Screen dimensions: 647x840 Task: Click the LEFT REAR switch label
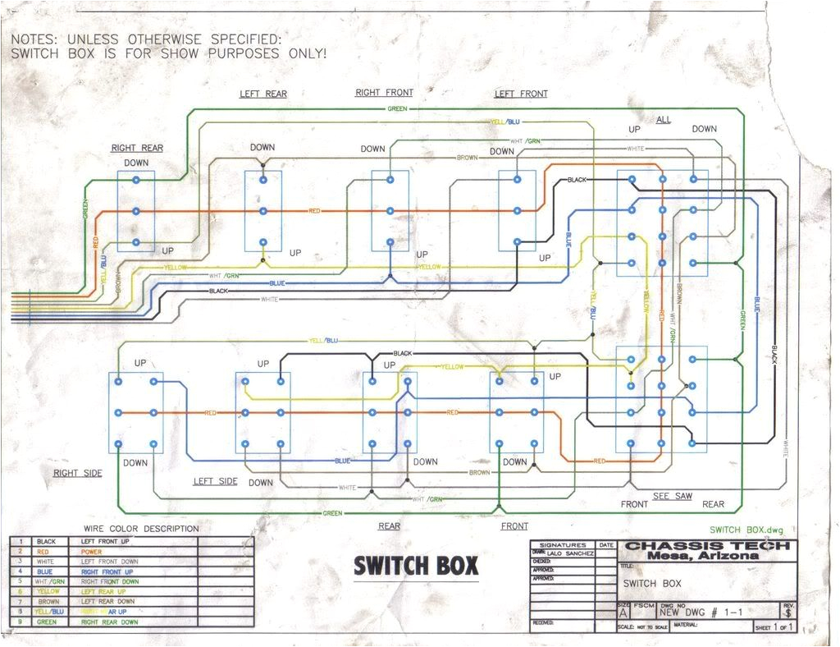263,94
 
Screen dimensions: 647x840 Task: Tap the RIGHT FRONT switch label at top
384,93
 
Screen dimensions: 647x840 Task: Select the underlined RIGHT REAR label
137,149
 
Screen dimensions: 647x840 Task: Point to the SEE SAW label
673,497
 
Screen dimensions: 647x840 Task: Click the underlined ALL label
663,120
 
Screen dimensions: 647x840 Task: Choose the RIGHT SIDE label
78,474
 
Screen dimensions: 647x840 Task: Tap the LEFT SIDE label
215,481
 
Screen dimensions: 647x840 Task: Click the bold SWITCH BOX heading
416,566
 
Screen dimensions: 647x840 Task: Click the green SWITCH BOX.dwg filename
747,530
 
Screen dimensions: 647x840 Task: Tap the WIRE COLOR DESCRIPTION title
141,529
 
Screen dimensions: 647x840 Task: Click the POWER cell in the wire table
92,553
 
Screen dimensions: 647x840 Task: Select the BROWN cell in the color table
47,602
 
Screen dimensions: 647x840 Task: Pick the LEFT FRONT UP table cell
107,542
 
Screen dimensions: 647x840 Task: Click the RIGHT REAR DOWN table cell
110,622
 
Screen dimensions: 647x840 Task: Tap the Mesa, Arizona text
708,556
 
